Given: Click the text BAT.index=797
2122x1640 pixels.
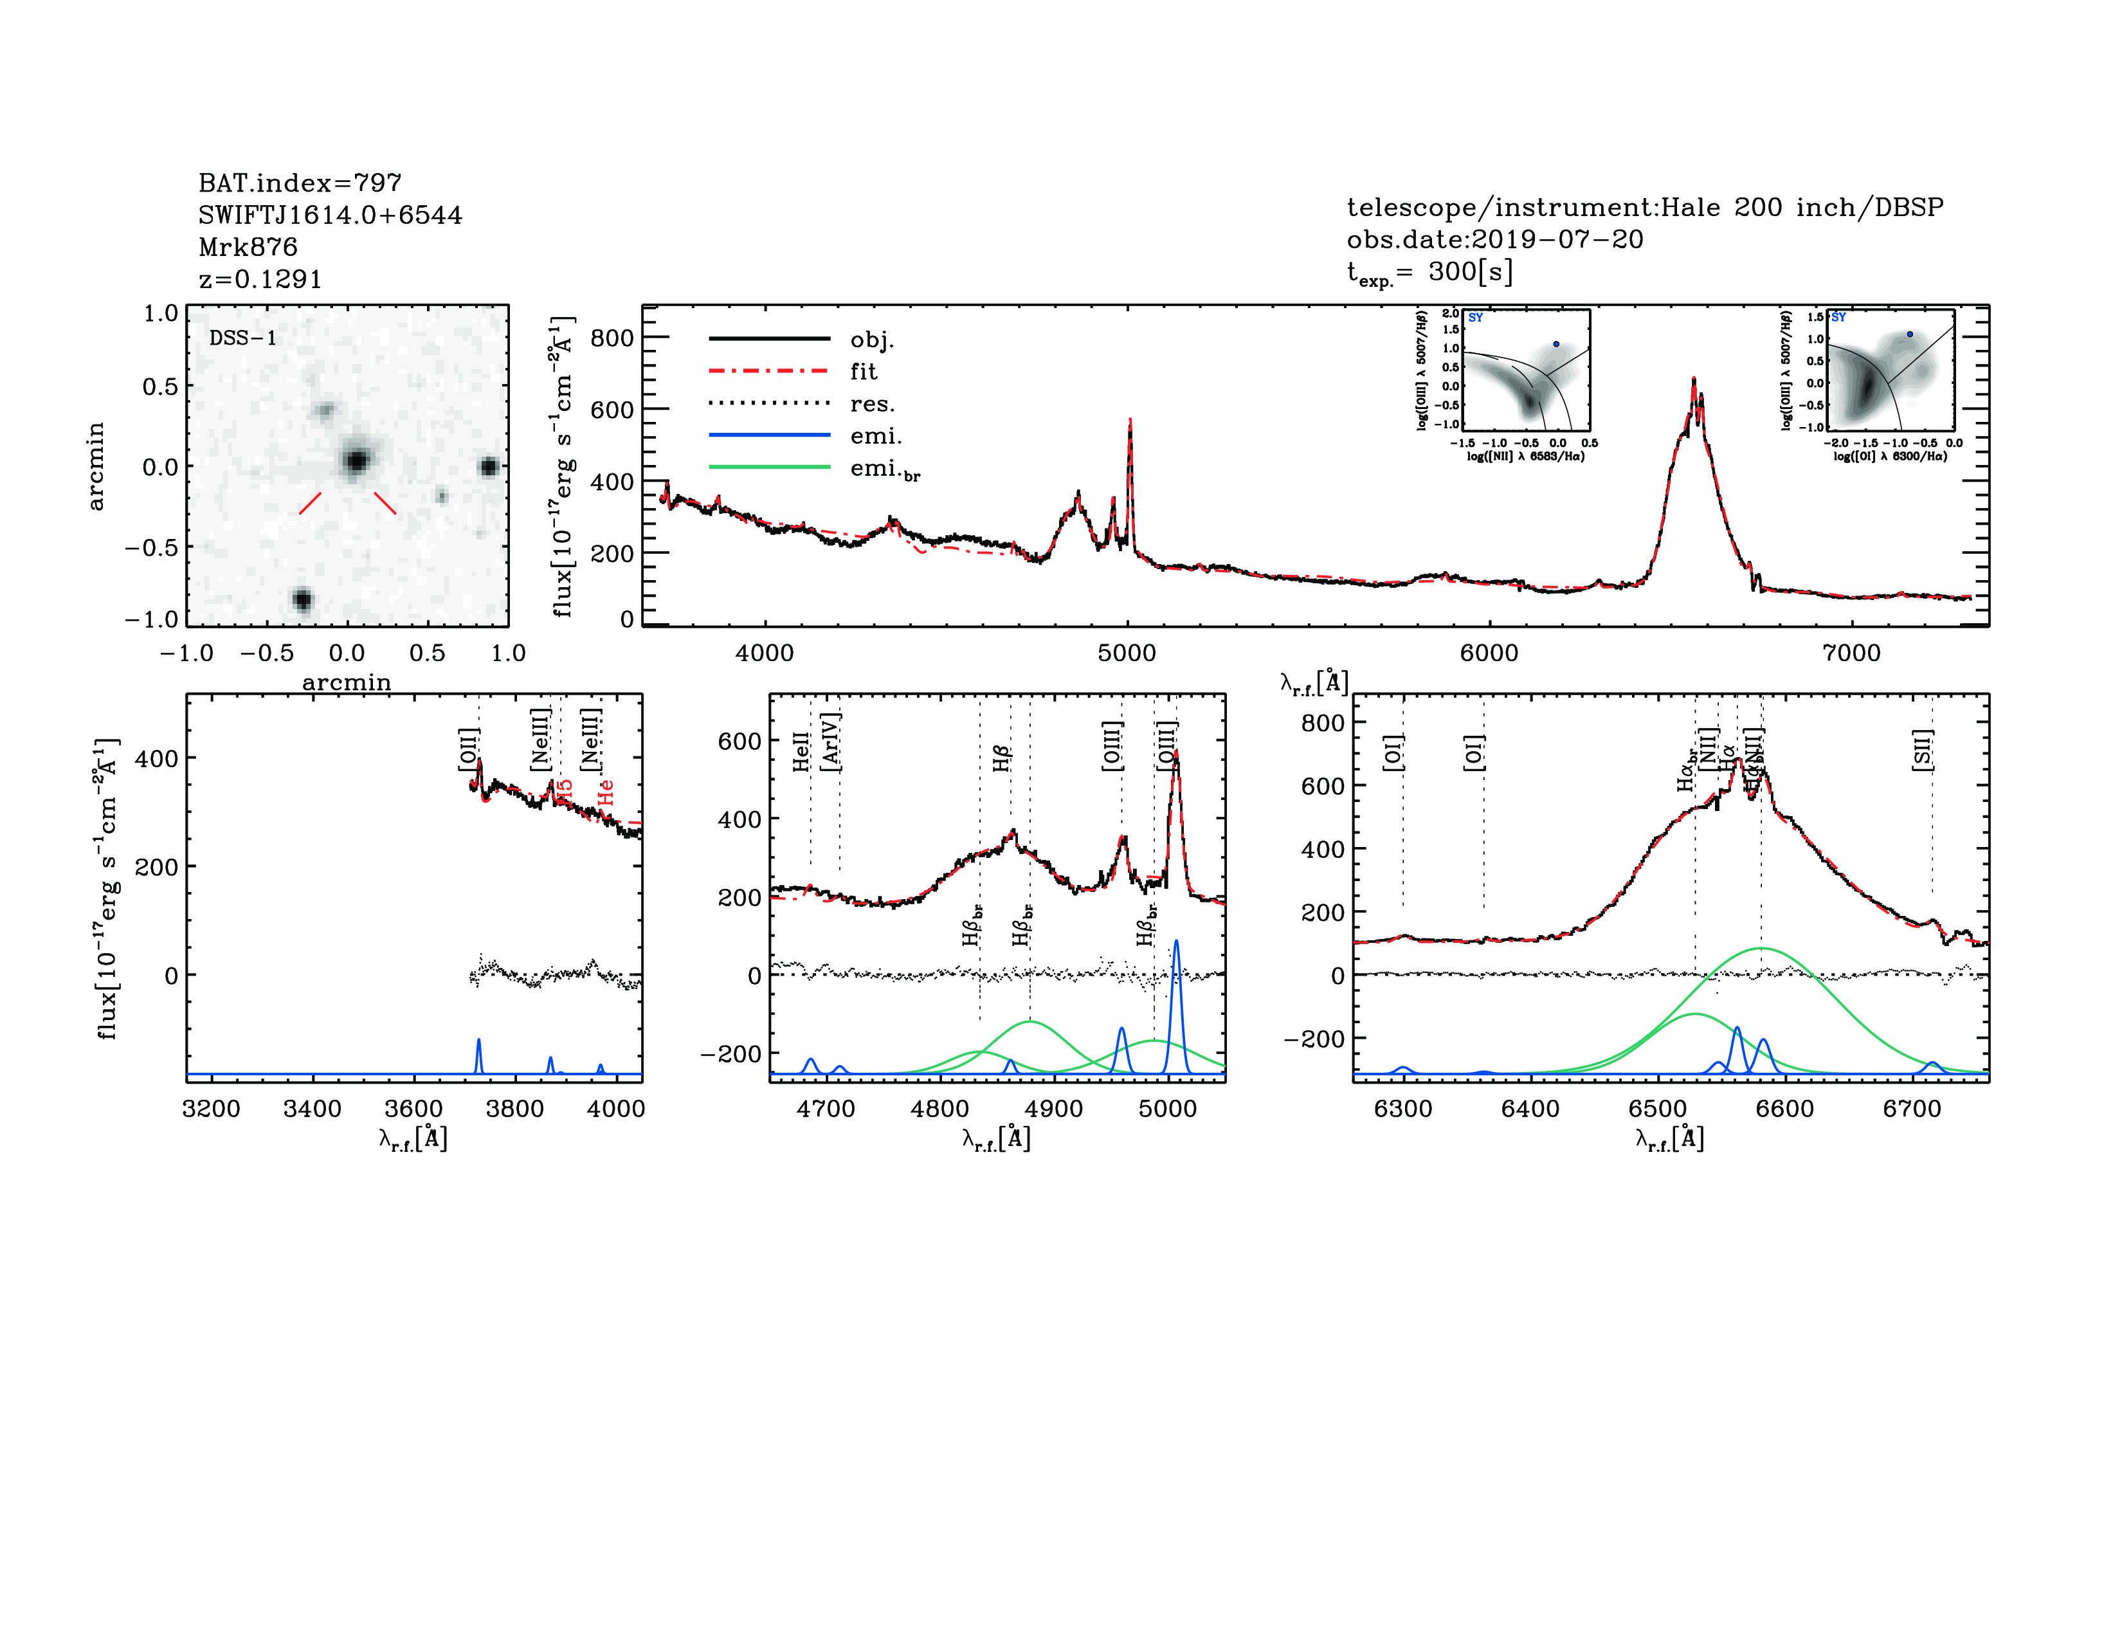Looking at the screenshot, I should [299, 183].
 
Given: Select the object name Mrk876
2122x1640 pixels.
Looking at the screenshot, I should [248, 247].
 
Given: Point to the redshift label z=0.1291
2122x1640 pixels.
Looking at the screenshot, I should [259, 279].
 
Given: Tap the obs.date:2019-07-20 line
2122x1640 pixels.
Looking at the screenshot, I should [1494, 239].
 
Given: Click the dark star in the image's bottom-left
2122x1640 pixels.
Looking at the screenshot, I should [302, 599].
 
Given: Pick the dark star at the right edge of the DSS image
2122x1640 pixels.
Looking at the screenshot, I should [489, 468].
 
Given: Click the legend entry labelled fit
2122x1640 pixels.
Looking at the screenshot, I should [863, 371].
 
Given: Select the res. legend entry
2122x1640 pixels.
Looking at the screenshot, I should [871, 403].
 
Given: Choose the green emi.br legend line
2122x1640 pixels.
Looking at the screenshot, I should [770, 468].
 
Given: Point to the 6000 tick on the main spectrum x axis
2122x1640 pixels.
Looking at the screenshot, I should [1489, 652].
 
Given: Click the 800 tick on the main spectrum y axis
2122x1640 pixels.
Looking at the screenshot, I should [612, 338].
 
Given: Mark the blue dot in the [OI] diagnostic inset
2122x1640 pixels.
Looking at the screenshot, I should [1909, 334].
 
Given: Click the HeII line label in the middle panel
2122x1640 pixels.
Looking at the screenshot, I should [801, 751].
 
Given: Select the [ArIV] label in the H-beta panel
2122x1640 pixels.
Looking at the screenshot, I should [831, 742].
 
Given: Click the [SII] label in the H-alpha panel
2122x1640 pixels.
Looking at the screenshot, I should [1923, 749].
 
